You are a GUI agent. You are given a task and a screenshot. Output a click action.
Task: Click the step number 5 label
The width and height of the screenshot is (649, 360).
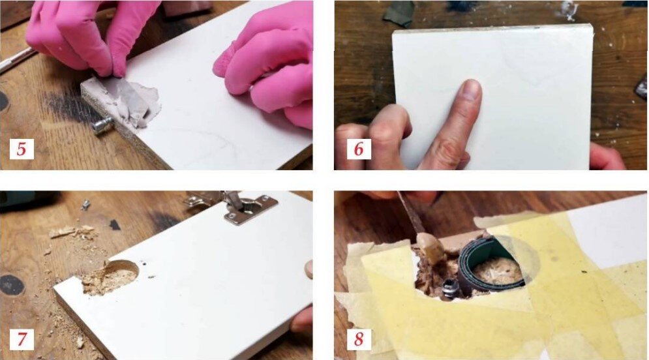[x=22, y=149]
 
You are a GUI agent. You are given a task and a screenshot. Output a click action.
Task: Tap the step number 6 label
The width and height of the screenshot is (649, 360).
[x=359, y=149]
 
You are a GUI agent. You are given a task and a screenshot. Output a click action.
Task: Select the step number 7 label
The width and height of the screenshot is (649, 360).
[x=22, y=339]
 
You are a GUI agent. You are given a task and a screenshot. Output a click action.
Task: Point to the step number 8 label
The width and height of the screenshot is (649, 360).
[x=359, y=339]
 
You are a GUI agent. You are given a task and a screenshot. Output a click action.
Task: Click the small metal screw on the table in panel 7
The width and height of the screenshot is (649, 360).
[x=85, y=204]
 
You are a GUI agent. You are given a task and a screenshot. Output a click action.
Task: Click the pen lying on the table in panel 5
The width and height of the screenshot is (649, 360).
[x=16, y=59]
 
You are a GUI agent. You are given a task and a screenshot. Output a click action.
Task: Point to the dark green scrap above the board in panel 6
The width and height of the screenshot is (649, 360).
[x=398, y=13]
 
